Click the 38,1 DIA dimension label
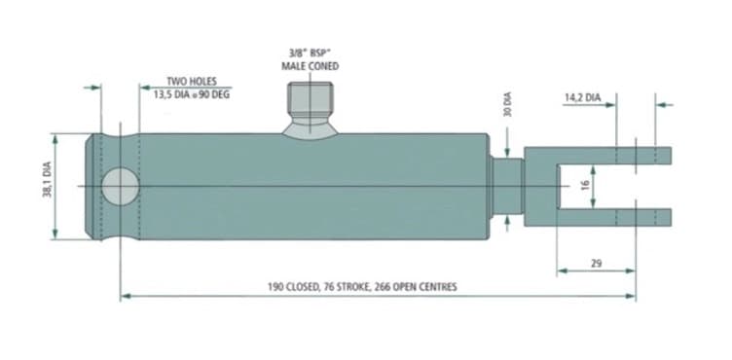coord(47,179)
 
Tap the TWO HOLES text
coord(192,82)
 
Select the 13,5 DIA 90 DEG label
coord(192,94)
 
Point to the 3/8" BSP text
coord(308,53)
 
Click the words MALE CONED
coord(310,66)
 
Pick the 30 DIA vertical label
coord(508,104)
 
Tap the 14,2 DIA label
coord(583,98)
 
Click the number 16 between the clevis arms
coord(585,186)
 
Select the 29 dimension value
coord(596,264)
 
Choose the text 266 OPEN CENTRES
coord(415,287)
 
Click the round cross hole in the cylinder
coord(121,186)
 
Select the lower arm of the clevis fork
coord(614,217)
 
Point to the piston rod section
coord(507,186)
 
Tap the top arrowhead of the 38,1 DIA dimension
coord(55,139)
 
